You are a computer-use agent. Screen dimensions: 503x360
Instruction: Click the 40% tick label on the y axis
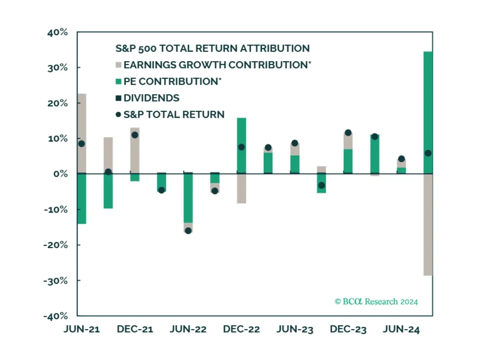pos(57,32)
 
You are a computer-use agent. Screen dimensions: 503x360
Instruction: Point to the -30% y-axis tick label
pos(55,281)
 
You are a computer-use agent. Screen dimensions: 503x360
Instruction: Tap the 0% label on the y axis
pos(61,174)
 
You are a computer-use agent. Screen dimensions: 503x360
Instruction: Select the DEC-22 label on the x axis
pos(241,329)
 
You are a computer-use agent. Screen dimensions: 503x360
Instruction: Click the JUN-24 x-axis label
pos(401,329)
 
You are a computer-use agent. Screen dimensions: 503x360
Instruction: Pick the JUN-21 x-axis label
pos(81,329)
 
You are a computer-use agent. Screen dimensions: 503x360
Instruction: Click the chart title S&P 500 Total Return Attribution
pos(213,48)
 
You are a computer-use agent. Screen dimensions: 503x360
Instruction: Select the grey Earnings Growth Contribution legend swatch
pos(118,65)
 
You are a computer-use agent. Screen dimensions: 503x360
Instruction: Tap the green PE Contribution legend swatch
pos(118,81)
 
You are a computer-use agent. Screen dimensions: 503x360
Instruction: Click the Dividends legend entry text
pos(151,98)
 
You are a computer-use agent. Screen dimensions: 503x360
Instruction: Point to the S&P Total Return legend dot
pos(118,114)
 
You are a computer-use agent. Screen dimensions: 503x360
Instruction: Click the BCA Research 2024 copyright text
pos(376,301)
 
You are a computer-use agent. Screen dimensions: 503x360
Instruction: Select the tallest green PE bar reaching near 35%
pos(428,112)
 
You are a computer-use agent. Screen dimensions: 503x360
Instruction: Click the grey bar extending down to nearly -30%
pos(428,225)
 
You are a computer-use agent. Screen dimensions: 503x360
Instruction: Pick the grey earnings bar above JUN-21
pos(81,133)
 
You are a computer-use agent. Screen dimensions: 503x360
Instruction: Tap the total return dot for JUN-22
pos(188,231)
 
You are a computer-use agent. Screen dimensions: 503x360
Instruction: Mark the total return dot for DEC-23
pos(348,133)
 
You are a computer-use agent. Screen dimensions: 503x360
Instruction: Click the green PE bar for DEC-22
pos(241,145)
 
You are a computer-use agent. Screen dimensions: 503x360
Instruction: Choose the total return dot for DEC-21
pos(135,135)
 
